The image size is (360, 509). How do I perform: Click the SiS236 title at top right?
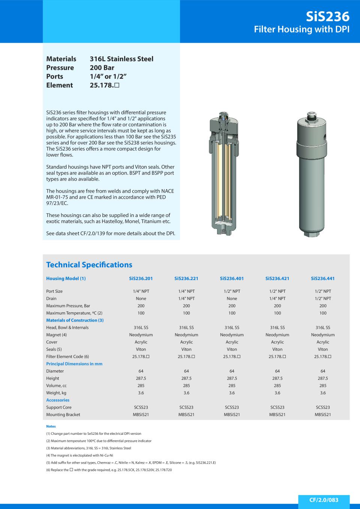327,16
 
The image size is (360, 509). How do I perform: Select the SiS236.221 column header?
186,278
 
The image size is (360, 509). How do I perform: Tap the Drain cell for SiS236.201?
141,299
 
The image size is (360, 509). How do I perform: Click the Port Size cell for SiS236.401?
232,291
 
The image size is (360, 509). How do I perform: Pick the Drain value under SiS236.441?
322,299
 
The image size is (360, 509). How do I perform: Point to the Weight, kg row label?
56,393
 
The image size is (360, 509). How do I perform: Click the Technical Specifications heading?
89,265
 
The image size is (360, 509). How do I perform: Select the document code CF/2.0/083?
324,500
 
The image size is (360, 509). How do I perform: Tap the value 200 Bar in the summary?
102,68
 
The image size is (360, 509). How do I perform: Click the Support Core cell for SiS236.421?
277,407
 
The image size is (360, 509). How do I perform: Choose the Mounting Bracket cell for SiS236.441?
322,415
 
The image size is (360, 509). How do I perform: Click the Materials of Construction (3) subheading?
75,320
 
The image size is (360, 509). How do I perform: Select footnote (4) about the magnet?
79,455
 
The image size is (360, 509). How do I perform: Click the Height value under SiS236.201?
141,379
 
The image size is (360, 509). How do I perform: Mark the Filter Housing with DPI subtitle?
301,29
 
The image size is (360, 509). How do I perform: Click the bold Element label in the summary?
59,85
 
